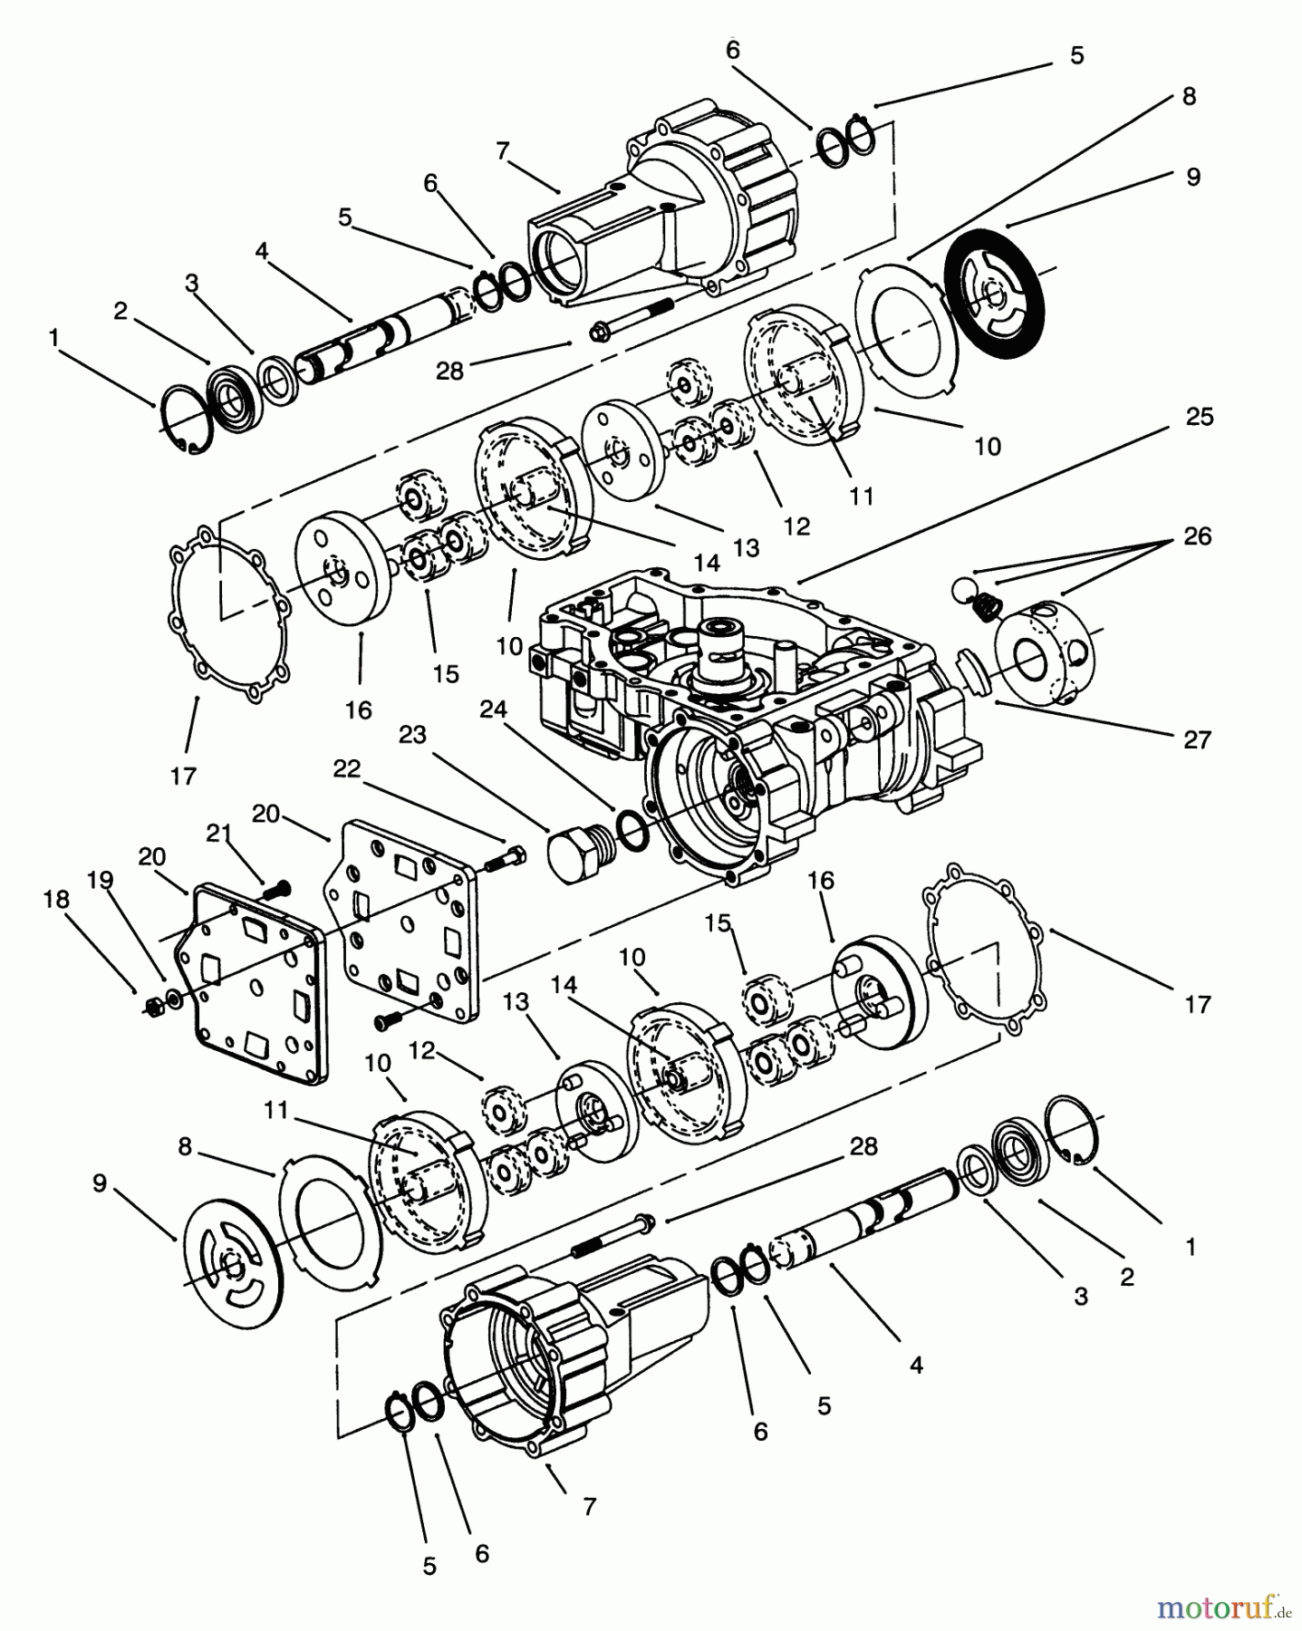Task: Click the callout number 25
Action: coord(1199,418)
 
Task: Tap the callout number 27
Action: coord(1197,740)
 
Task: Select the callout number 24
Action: coord(493,709)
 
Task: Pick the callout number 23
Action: coord(412,734)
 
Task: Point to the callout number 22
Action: coord(347,769)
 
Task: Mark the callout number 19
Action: coord(100,879)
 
